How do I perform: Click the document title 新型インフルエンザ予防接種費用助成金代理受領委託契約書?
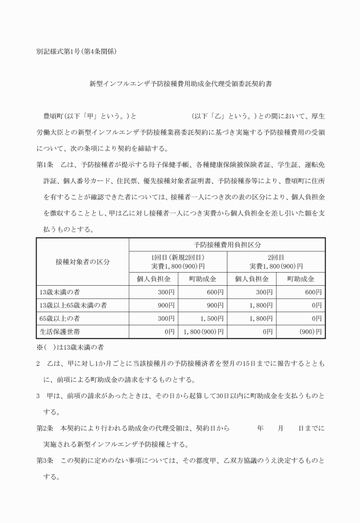pos(179,83)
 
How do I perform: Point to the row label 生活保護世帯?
pos(58,331)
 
